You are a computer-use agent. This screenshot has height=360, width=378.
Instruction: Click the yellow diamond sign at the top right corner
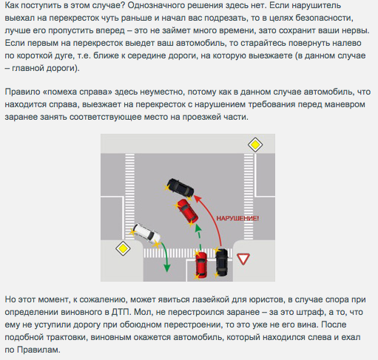[255, 145]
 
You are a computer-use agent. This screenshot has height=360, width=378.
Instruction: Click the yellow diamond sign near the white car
[123, 248]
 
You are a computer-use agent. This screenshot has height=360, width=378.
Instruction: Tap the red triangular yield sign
[243, 259]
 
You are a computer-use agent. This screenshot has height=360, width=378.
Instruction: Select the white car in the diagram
[146, 235]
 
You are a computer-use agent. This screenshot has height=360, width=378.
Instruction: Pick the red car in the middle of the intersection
[187, 212]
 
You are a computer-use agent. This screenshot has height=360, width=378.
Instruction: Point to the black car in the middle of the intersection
[180, 189]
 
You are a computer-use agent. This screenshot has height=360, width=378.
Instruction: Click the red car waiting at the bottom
[201, 265]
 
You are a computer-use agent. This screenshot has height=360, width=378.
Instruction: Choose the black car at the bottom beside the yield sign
[221, 262]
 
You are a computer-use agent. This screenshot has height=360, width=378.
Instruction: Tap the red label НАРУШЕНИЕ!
[237, 218]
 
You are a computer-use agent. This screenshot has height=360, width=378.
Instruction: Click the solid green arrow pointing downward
[166, 257]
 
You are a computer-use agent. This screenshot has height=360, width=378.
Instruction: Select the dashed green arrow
[199, 237]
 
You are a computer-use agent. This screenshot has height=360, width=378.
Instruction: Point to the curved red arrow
[212, 217]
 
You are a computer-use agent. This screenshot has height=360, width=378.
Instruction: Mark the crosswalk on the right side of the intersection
[249, 197]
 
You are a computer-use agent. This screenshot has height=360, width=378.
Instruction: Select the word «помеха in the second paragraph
[60, 92]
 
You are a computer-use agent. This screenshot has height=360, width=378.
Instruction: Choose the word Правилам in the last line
[38, 350]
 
